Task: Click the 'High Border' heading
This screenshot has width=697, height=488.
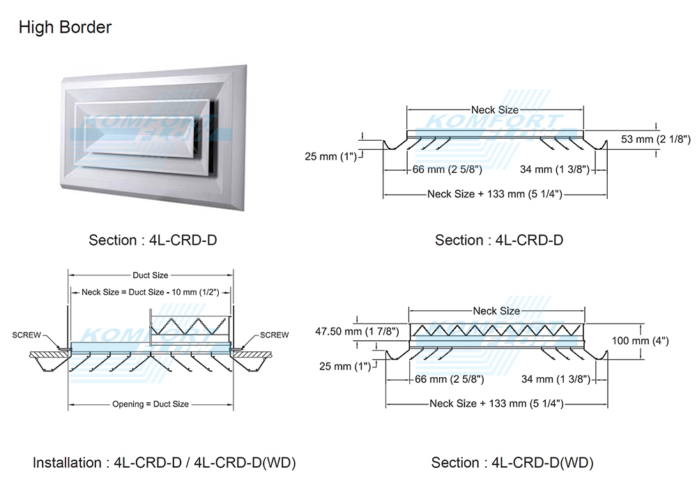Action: point(65,28)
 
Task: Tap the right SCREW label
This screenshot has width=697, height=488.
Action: point(274,335)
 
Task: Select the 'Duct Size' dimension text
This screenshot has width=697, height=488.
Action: point(151,275)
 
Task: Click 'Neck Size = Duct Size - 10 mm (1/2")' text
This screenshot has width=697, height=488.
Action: point(151,292)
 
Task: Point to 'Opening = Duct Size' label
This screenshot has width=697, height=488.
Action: point(151,404)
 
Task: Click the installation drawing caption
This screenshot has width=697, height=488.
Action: point(164,463)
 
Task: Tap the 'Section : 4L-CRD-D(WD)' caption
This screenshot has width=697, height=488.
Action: point(512,463)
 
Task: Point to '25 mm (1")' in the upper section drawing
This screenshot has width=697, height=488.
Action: point(331,156)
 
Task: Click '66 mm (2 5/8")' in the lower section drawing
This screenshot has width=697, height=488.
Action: point(448,379)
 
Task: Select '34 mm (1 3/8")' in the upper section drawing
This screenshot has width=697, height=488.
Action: point(555,169)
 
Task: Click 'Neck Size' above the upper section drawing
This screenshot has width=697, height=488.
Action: point(495,110)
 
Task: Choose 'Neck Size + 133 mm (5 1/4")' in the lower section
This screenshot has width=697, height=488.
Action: point(496,404)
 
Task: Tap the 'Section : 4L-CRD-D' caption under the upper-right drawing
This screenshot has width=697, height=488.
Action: point(499,240)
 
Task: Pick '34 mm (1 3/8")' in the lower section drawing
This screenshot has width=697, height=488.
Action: point(556,379)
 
